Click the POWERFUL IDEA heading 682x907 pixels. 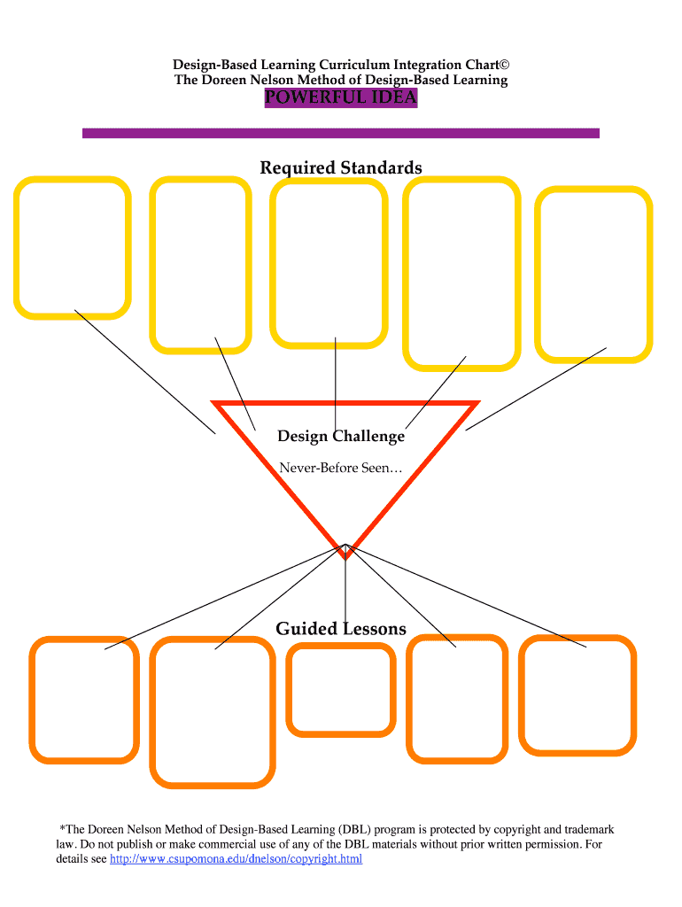340,97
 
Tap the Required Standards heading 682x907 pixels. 340,167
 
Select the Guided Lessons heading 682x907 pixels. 341,629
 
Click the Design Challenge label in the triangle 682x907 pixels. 341,436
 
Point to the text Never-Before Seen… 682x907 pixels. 341,467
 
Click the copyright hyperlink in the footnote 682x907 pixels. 236,859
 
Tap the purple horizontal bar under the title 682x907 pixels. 340,133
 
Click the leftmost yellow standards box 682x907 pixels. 72,247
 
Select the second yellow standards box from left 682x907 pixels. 200,264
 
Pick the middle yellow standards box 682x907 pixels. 329,262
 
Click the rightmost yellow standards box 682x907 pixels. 593,274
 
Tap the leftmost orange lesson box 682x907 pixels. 84,700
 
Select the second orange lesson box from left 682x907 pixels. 213,712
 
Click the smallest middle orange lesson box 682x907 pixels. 341,690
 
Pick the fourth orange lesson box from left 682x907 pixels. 457,700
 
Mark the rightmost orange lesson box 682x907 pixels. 577,695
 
